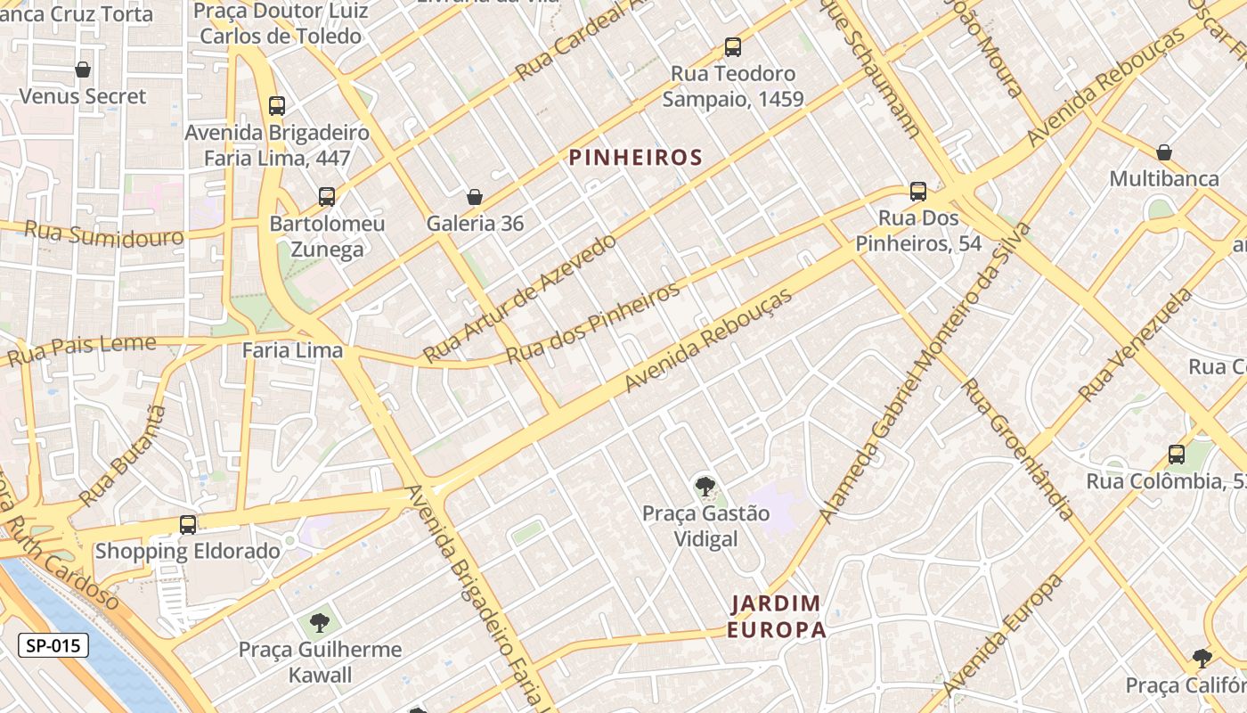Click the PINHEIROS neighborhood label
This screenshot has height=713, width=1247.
pos(635,158)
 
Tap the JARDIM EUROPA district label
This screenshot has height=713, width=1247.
pos(776,616)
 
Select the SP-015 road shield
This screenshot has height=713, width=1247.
pos(53,645)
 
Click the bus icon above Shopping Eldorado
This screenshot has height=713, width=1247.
pos(188,525)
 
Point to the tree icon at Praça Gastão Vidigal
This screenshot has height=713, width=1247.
pos(705,487)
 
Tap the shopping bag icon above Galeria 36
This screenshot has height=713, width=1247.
pos(475,196)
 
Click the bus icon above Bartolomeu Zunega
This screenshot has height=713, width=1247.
pos(327,197)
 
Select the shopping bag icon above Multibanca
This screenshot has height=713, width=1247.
pos(1163,152)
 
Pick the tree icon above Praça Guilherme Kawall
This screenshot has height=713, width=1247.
pos(320,622)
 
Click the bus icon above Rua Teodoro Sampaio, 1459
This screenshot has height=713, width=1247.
pos(732,46)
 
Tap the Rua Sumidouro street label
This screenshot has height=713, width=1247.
pos(103,234)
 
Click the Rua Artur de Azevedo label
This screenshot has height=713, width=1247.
pos(519,298)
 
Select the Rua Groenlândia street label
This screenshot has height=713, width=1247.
pos(1017,448)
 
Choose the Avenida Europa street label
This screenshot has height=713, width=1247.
pos(1004,635)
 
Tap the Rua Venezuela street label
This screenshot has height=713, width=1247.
pos(1135,346)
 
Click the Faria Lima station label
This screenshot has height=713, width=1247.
pos(292,350)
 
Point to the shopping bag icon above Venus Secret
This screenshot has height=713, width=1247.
pos(83,70)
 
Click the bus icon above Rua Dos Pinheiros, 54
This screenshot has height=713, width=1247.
pos(918,192)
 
